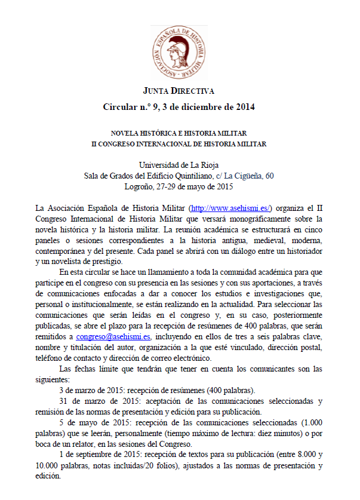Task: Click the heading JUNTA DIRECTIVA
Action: tap(179, 91)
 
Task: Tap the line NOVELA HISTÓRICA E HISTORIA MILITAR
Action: tap(179, 133)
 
